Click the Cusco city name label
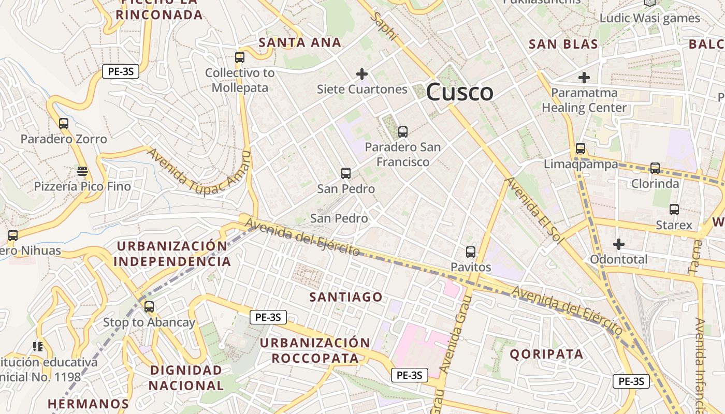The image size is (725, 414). pyautogui.click(x=459, y=93)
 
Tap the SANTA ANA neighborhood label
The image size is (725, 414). pyautogui.click(x=300, y=42)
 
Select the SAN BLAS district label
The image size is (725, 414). pyautogui.click(x=563, y=44)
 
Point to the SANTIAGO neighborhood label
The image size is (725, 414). pyautogui.click(x=345, y=297)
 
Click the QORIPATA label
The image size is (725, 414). pyautogui.click(x=547, y=354)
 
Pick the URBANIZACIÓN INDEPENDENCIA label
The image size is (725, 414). pyautogui.click(x=172, y=254)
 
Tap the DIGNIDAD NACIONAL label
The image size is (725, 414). pyautogui.click(x=186, y=378)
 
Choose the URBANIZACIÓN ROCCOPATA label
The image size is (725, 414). pyautogui.click(x=315, y=350)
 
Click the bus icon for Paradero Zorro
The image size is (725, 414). pyautogui.click(x=64, y=124)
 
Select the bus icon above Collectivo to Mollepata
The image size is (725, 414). pyautogui.click(x=239, y=57)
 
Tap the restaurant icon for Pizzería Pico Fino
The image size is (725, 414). pyautogui.click(x=82, y=171)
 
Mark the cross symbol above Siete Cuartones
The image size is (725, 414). pyautogui.click(x=362, y=74)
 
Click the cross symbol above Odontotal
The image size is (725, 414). pyautogui.click(x=618, y=244)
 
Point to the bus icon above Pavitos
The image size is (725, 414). pyautogui.click(x=470, y=252)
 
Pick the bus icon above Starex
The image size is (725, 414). pyautogui.click(x=674, y=210)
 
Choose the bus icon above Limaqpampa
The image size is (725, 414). pyautogui.click(x=580, y=149)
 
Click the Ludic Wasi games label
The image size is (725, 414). pyautogui.click(x=649, y=18)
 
